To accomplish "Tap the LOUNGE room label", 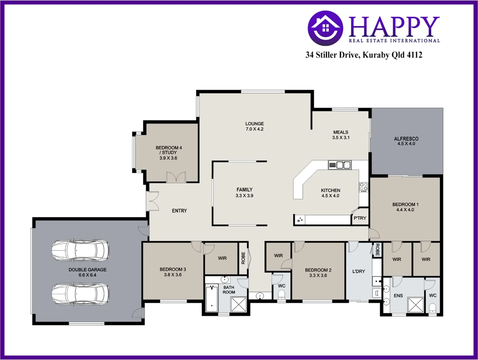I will pos(254,124).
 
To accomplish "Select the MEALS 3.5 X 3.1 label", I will pos(341,135).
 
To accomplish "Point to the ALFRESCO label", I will pos(406,139).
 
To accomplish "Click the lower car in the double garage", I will pos(80,294).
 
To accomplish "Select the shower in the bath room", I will pos(238,304).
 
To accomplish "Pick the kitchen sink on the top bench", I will pos(340,165).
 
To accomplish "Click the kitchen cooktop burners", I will pos(363,187).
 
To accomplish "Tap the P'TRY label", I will pos(360,218).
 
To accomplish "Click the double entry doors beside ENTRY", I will pos(153,201).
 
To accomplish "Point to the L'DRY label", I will pos(359,271).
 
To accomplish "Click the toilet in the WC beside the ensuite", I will pos(432,307).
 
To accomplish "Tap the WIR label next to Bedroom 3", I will pos(222,258).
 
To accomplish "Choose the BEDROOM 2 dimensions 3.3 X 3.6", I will pos(318,275).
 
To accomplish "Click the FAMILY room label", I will pos(244,190).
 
